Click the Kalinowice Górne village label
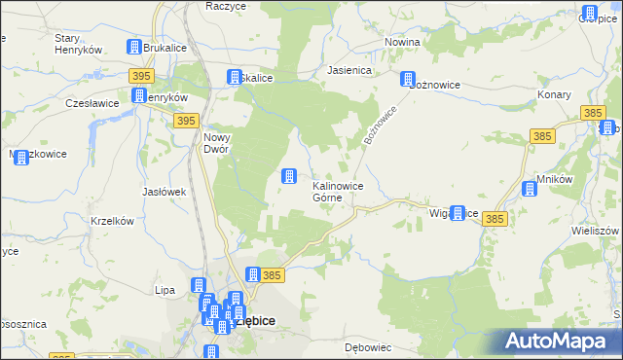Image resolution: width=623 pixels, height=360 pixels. [x=338, y=192]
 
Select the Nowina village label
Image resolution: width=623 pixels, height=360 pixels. [x=402, y=43]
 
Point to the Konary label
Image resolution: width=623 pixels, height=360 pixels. [x=554, y=95]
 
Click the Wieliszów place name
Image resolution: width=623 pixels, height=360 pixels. [x=597, y=232]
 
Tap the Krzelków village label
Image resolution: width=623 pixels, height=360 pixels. [x=111, y=221]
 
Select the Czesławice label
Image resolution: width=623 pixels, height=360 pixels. [x=92, y=102]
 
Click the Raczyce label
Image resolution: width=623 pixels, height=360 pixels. [x=225, y=6]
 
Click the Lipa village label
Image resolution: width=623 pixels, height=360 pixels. [x=165, y=290]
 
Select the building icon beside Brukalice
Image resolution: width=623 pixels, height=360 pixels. [x=134, y=47]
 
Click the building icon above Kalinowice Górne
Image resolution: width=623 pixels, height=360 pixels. [x=289, y=176]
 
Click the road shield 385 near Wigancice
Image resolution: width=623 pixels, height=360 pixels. [x=495, y=221]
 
